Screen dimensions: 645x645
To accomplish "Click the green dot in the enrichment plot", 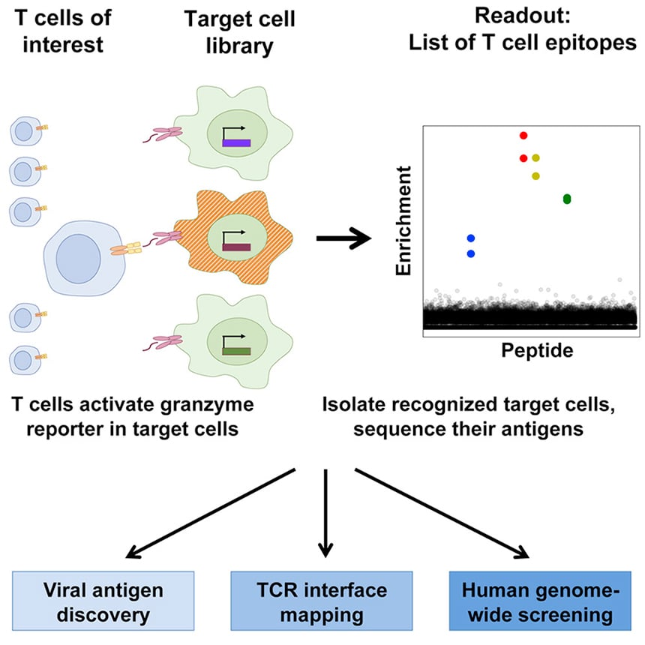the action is point(567,199).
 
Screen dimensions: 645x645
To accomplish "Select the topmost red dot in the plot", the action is point(523,135).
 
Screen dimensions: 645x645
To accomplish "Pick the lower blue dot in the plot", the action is point(471,253).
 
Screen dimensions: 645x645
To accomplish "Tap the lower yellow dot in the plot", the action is point(535,176).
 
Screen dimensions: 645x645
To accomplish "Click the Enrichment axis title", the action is point(403,220).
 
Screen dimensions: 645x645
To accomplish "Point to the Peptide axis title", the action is point(537,351).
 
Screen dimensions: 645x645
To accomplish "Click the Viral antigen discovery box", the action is point(103,601).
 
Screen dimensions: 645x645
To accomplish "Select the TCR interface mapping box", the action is point(322,601).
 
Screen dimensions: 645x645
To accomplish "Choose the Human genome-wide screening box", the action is point(540,601).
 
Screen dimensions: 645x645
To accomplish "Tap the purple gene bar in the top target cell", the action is point(236,143).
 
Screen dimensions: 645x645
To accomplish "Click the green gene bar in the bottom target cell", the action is point(236,351).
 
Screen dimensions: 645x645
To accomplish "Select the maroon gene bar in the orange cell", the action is point(236,247).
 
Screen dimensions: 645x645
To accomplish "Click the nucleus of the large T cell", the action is point(78,259).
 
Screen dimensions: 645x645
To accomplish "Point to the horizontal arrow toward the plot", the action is point(343,238).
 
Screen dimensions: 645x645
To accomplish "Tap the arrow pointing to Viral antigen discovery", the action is point(210,513).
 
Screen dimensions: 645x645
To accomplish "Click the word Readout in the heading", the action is point(523,16).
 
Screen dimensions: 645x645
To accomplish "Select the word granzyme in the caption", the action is point(207,405).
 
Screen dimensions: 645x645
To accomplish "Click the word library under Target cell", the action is point(239,46).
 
